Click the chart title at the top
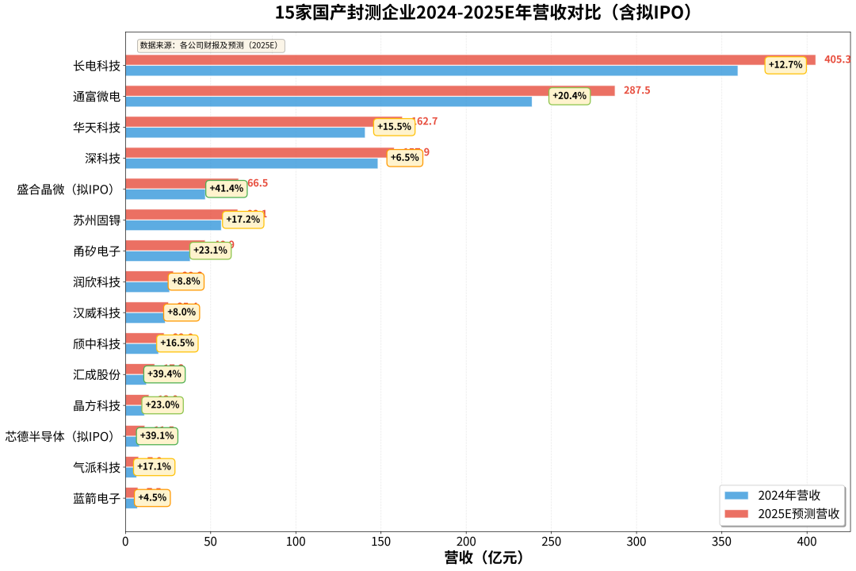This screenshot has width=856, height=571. click(x=483, y=13)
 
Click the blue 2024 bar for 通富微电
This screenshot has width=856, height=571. click(x=328, y=102)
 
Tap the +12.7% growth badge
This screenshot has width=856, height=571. click(x=785, y=65)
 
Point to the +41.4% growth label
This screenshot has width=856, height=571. click(x=226, y=189)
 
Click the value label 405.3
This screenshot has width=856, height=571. click(x=837, y=59)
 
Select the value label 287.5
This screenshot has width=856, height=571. click(x=636, y=90)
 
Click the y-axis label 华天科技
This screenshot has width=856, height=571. click(x=97, y=127)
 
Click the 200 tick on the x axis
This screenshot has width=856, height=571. click(x=466, y=542)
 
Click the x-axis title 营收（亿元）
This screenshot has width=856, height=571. click(x=483, y=558)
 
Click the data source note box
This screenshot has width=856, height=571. click(x=210, y=45)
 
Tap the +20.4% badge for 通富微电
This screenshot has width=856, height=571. click(x=569, y=96)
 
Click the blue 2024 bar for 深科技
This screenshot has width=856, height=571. click(x=251, y=163)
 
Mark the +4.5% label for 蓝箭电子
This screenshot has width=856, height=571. click(x=151, y=498)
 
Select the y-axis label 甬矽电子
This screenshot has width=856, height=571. click(x=97, y=251)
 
